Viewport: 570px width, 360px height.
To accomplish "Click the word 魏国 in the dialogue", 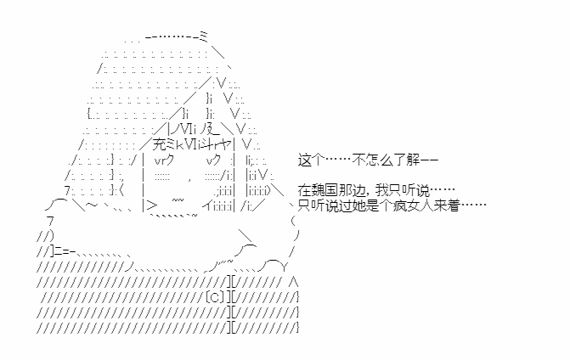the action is coord(325,190).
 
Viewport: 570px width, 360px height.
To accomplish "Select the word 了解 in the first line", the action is coord(406,160).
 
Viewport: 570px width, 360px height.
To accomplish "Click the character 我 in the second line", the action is coord(381,190).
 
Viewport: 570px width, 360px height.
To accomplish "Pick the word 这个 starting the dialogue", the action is coord(311,160).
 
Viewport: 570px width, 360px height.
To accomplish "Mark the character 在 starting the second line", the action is coord(305,190).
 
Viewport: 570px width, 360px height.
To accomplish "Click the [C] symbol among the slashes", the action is coord(214,297).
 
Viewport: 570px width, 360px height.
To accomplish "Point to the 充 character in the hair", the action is coord(159,145).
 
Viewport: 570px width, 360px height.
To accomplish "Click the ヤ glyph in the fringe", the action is coord(226,145).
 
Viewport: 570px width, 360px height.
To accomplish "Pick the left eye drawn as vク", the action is coord(164,160).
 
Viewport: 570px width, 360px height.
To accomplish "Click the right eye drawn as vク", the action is coord(212,160).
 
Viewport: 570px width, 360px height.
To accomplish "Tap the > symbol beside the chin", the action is coord(153,206).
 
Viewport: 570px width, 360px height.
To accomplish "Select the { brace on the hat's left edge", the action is coord(89,114).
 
